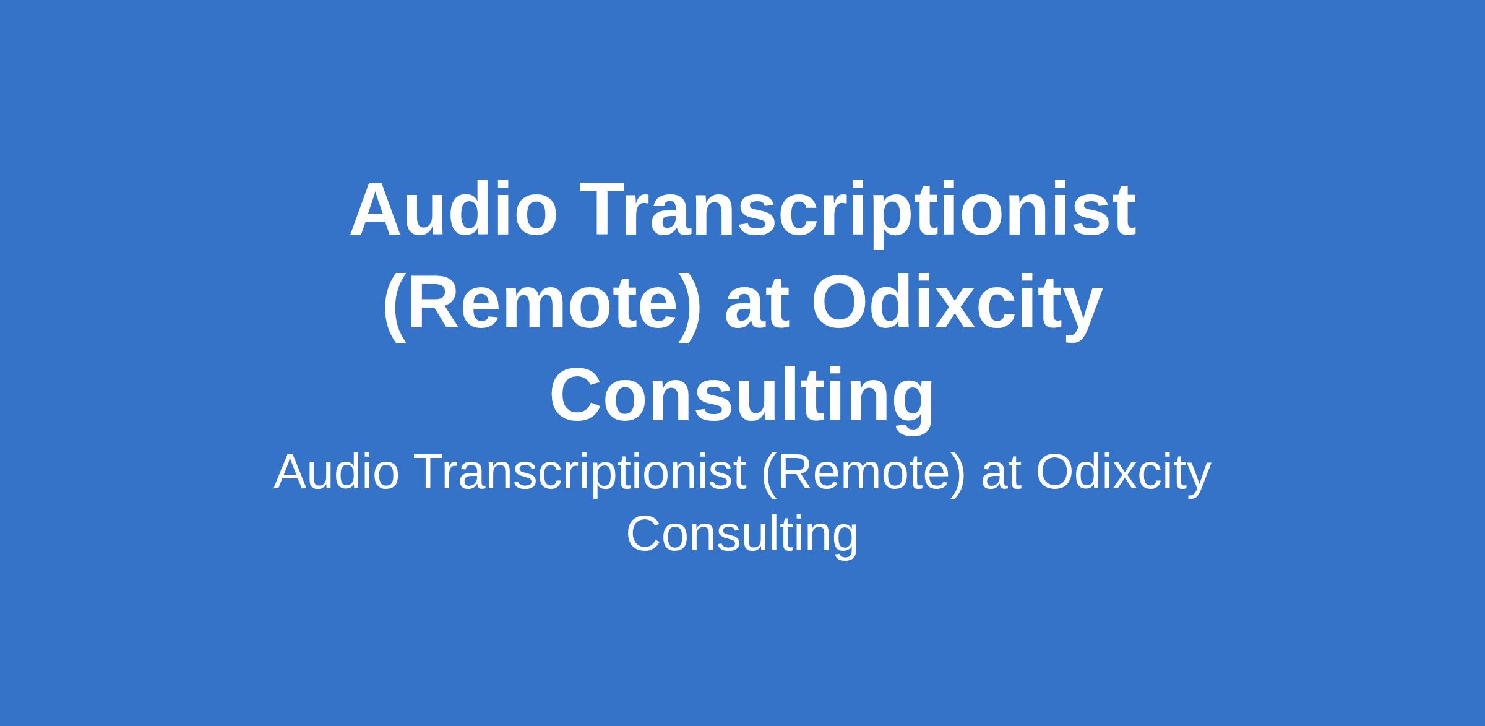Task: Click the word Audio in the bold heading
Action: pyautogui.click(x=454, y=209)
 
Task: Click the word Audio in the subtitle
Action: pyautogui.click(x=337, y=472)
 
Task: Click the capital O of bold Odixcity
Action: pyautogui.click(x=842, y=303)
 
